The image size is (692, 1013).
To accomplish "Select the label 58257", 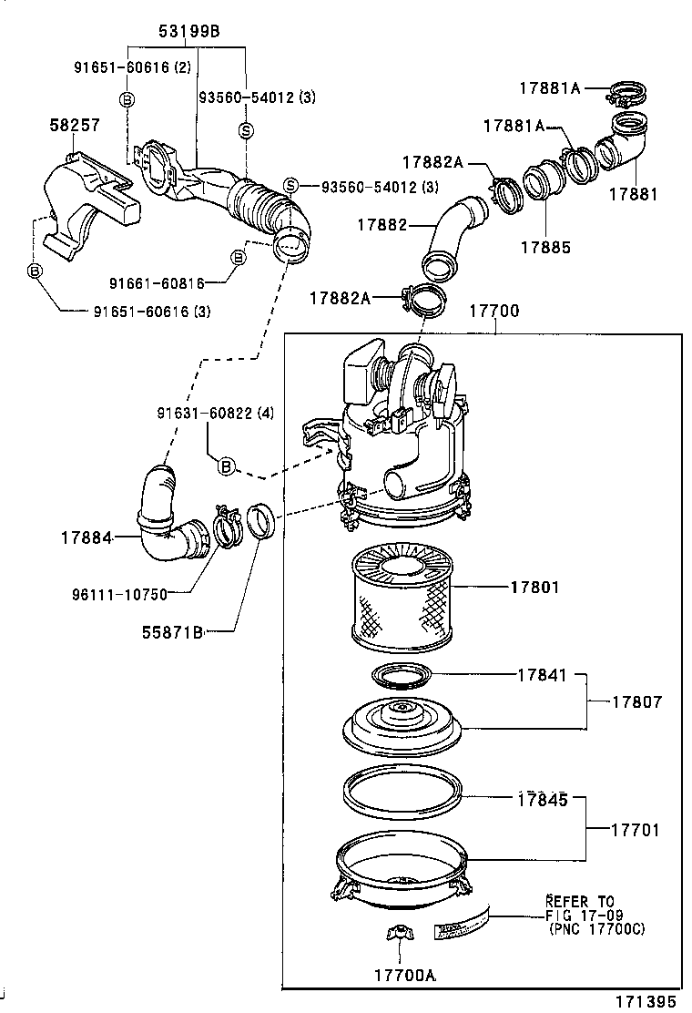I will (74, 125).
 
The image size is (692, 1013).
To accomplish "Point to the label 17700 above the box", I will (494, 311).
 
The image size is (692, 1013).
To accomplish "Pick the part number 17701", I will (636, 830).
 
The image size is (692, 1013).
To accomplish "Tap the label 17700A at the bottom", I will (404, 974).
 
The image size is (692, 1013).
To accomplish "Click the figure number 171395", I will (644, 1000).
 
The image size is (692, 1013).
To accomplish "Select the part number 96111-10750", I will (120, 594).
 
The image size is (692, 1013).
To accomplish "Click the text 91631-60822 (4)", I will (214, 413).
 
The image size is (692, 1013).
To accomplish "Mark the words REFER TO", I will (580, 901).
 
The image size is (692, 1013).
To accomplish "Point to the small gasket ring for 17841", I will (401, 677).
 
